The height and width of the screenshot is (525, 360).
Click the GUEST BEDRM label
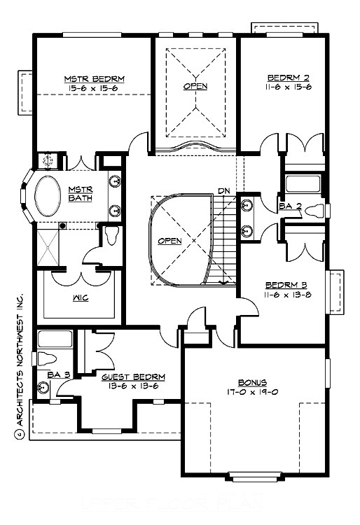tap(129, 376)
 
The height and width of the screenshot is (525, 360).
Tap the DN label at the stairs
tap(223, 190)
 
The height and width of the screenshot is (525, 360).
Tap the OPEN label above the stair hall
tap(195, 87)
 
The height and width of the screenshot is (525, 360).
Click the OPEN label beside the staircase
tap(169, 241)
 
